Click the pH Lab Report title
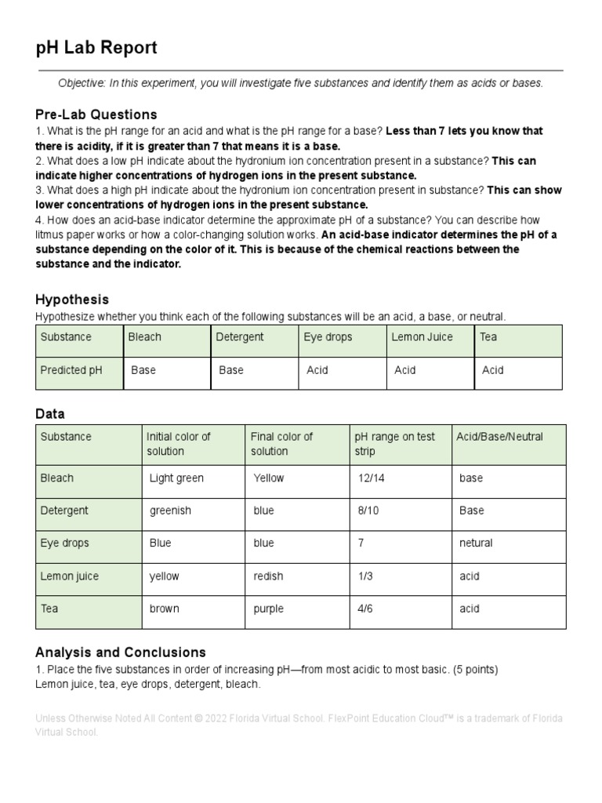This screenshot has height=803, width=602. point(96,49)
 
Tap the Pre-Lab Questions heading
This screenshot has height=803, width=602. point(96,114)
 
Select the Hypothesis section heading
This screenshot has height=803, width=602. point(72,300)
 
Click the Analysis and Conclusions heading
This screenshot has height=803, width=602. point(121,652)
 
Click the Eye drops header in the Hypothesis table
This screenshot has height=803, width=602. point(328,337)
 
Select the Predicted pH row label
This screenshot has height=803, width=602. point(71,370)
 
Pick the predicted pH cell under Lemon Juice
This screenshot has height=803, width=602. point(404,370)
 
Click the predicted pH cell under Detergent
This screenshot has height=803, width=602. point(231,370)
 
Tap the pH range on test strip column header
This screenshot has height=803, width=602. point(394,444)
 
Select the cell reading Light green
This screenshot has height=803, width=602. point(176,478)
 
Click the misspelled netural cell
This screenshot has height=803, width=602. point(476,543)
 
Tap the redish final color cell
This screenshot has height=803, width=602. point(268,576)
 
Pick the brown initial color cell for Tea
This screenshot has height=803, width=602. point(165,609)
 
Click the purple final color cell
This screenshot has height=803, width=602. point(269,609)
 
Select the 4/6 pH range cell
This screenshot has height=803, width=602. point(364,609)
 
